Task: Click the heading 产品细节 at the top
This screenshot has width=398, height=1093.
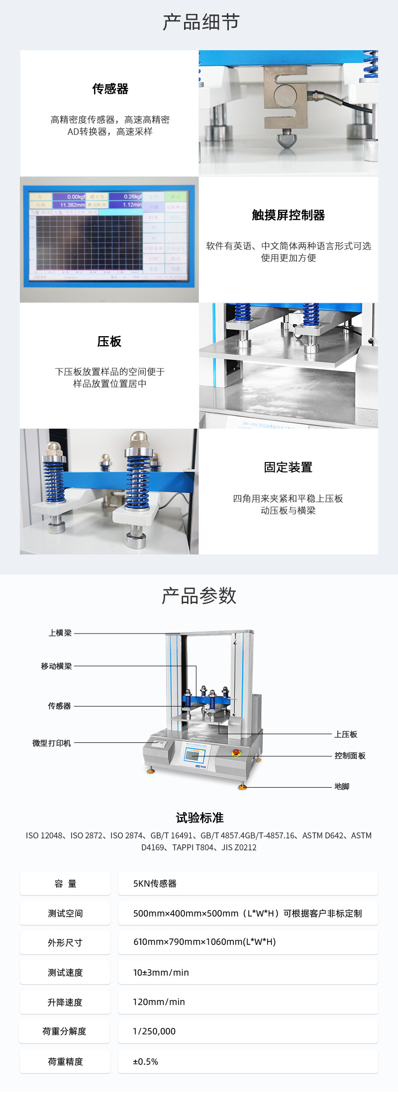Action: click(201, 22)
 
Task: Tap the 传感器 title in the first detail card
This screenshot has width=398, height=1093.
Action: click(110, 89)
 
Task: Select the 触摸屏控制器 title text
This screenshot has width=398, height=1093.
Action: click(288, 215)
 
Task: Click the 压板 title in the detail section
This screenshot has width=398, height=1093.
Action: click(109, 342)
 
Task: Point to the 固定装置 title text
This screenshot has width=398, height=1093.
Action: click(288, 467)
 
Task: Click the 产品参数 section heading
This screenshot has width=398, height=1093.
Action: click(199, 596)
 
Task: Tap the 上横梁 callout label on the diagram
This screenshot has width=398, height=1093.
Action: click(60, 633)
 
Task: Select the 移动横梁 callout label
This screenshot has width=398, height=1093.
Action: click(56, 666)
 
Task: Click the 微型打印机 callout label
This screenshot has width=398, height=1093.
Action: click(52, 743)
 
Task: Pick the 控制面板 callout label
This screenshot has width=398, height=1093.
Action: click(350, 756)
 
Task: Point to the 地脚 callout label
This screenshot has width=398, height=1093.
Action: click(342, 787)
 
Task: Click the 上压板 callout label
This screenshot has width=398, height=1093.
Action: click(346, 734)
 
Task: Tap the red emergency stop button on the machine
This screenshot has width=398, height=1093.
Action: click(236, 752)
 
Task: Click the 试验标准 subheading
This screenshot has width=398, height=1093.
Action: click(199, 818)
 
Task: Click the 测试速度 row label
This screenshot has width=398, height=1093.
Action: click(65, 973)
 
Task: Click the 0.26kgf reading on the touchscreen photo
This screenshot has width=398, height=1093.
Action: click(132, 197)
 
